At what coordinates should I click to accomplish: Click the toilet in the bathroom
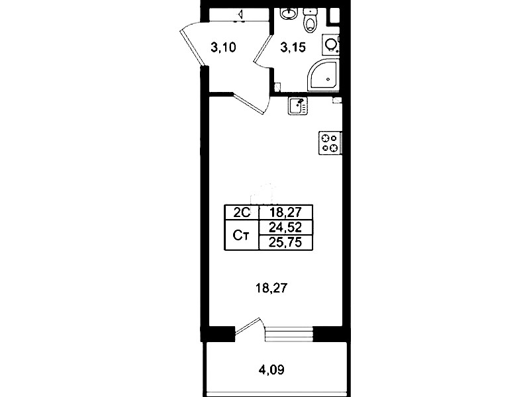pos(309,21)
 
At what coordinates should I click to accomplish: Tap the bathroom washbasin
pos(289,13)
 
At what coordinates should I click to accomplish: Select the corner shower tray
pos(323,75)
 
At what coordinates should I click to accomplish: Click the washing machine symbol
pos(330,44)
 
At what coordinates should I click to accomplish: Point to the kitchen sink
pos(297,106)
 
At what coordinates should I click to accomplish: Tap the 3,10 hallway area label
pos(223,48)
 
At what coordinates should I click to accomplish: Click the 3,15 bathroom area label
pos(293,48)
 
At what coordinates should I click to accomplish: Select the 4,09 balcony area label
pos(271,370)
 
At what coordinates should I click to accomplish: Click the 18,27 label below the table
pos(271,288)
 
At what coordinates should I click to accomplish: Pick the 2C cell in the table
pos(242,212)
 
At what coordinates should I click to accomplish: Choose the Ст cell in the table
pos(242,235)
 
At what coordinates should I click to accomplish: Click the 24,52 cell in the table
pos(285,228)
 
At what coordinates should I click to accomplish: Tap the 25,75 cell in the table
pos(285,242)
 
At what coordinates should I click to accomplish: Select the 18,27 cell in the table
pos(285,212)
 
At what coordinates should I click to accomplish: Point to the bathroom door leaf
pos(263,51)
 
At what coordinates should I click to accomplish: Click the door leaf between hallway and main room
pos(249,103)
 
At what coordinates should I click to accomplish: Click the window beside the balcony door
pos(289,334)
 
